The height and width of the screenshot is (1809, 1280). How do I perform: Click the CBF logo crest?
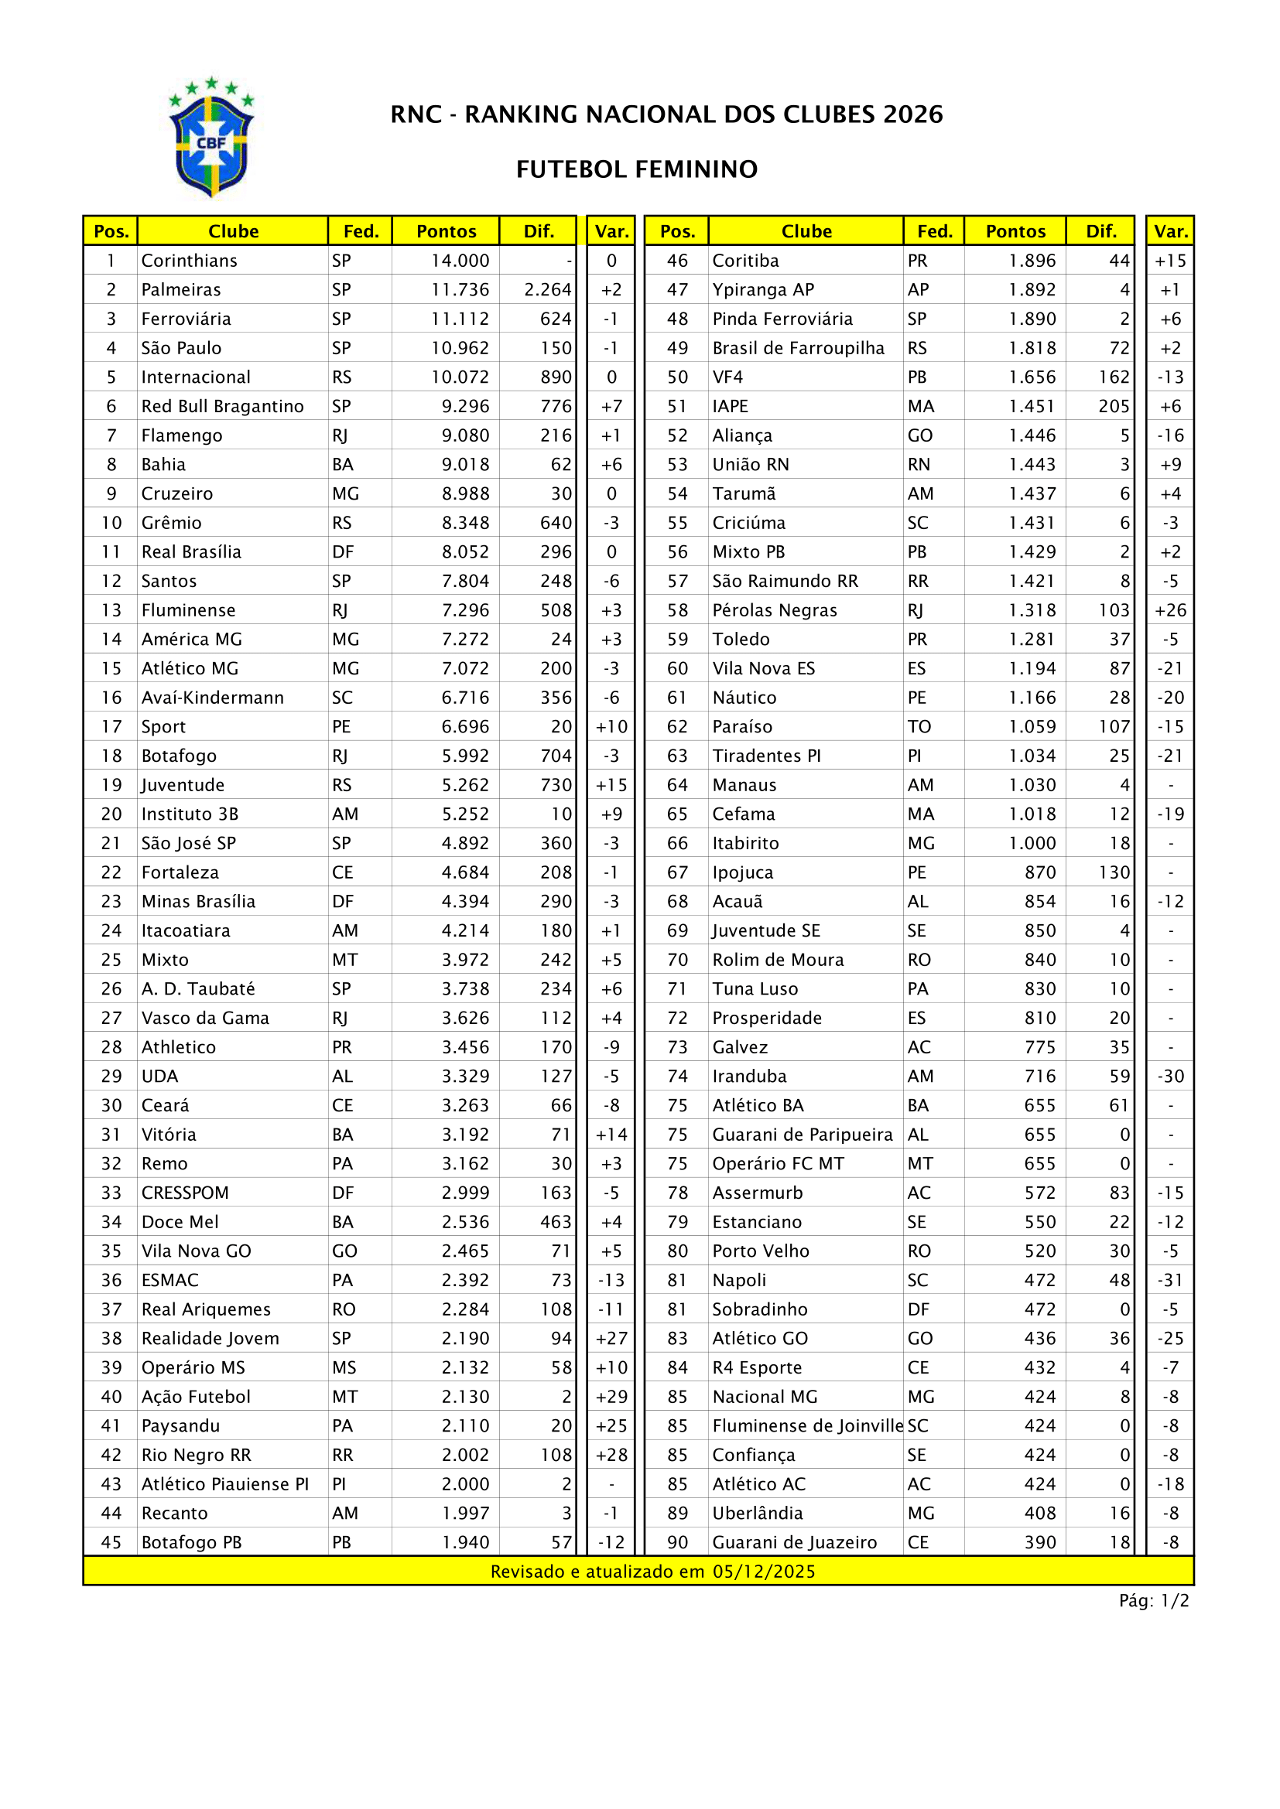coord(211,138)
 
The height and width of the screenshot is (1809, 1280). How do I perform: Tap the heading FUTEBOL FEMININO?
coord(637,169)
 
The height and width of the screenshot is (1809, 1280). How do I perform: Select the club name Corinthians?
coord(189,261)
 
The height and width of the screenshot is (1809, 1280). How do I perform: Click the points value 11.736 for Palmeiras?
coord(460,290)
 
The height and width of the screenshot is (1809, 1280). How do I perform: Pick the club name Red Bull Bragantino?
coord(222,407)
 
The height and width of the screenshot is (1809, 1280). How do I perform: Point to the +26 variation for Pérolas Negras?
coord(1170,611)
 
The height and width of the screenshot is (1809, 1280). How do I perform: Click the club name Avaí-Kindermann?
coord(212,698)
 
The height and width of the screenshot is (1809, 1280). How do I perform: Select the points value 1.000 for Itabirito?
coord(1032,844)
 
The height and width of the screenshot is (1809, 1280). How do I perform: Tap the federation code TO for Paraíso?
coord(919,727)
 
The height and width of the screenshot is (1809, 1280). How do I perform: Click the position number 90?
coord(677,1543)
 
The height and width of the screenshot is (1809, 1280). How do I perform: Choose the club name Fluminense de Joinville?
coord(807,1426)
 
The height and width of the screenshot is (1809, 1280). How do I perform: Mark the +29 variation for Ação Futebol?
coord(611,1397)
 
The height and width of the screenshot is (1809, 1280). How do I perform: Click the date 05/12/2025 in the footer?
coord(764,1572)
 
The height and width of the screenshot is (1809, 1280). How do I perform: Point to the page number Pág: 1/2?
coord(1154,1601)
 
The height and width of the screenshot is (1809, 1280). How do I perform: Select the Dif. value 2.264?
coord(548,290)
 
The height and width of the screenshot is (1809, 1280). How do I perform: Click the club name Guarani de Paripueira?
coord(802,1135)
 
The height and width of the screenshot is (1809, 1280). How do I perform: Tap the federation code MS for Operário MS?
coord(344,1368)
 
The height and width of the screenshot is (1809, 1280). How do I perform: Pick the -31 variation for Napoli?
coord(1170,1280)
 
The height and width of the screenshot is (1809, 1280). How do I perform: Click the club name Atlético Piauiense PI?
coord(224,1484)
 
